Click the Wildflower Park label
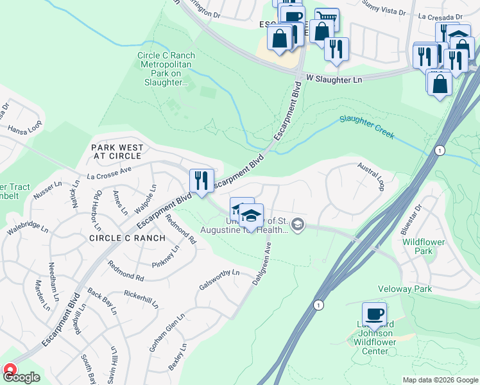pos(418,246)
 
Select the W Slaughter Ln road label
pos(334,78)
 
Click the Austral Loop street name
pos(371,176)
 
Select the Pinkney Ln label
pos(166,256)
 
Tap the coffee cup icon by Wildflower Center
pos(374,314)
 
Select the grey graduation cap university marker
pos(297,225)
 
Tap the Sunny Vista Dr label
pos(385,12)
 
